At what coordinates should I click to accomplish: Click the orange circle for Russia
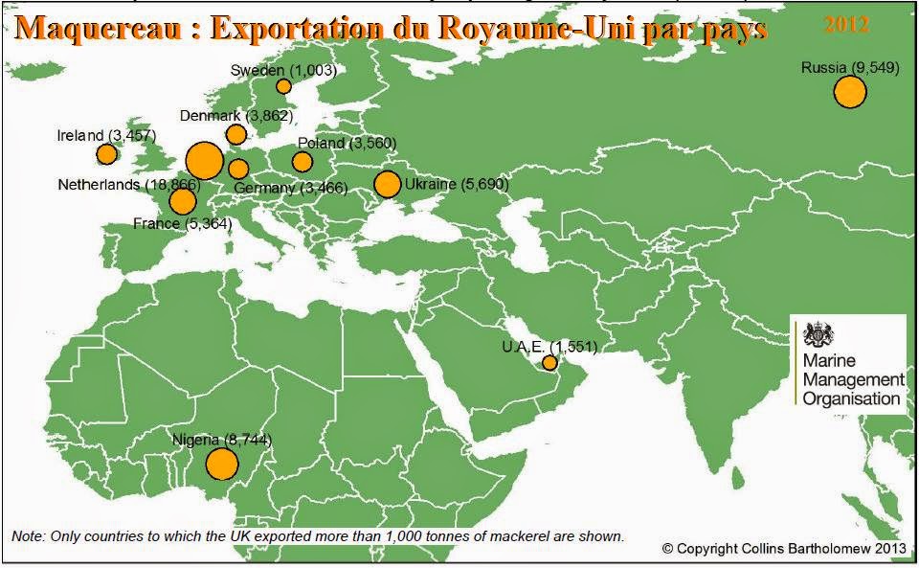849,93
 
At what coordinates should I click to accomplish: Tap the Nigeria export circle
221,464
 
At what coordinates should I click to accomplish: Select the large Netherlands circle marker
204,161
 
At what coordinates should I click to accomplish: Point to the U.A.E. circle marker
549,363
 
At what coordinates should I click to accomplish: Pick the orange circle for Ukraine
388,184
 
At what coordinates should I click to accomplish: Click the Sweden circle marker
283,86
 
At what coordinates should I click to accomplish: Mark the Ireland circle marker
107,153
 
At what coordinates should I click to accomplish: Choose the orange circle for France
182,201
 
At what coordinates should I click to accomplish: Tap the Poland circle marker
303,161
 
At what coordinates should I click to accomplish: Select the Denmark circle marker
235,134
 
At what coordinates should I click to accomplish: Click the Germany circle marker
238,170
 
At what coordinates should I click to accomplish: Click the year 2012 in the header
846,25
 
